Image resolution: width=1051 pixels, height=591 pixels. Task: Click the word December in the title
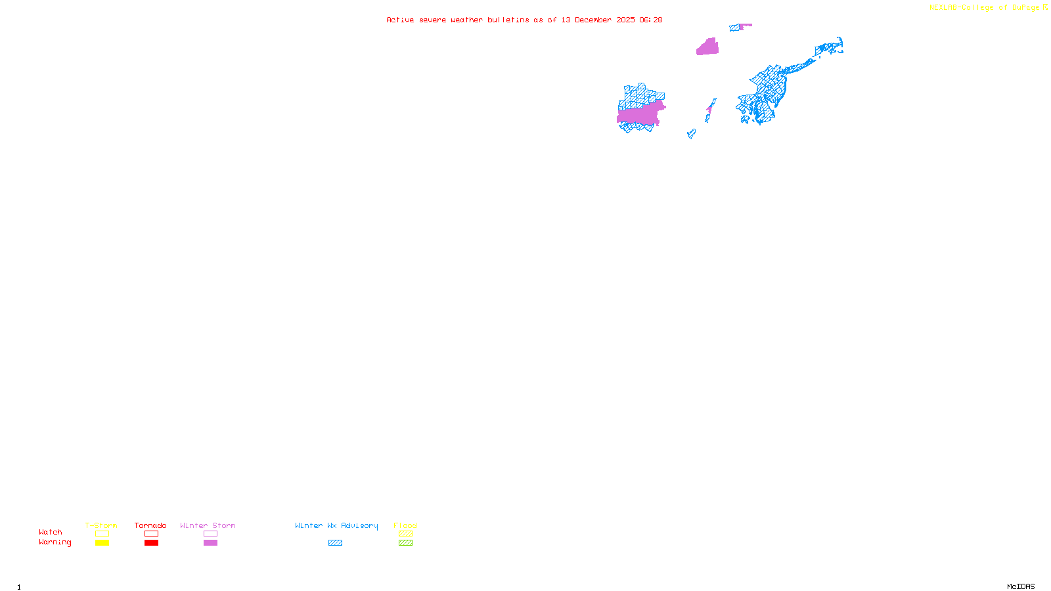point(593,20)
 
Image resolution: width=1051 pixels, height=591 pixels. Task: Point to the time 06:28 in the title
point(650,20)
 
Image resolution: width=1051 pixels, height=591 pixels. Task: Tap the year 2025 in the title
point(625,20)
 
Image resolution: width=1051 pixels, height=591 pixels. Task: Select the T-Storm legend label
point(101,525)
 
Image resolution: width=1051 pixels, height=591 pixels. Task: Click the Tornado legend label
point(150,525)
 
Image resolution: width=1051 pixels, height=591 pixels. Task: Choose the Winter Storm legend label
point(208,525)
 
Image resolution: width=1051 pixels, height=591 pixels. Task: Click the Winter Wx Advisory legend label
point(336,525)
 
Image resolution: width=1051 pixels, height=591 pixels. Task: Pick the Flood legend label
point(405,525)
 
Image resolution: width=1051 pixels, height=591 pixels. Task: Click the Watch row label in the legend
point(51,533)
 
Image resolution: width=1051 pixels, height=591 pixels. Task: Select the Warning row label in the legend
point(55,542)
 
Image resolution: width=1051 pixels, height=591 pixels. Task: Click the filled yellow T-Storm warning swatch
point(102,543)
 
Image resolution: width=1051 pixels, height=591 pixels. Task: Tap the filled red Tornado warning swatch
point(151,543)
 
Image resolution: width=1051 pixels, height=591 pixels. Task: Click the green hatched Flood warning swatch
point(405,543)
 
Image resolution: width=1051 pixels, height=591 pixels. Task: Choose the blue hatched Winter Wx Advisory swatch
point(335,543)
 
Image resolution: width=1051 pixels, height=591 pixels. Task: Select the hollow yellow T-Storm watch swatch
point(102,534)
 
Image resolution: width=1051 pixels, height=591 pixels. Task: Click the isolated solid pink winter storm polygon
point(707,47)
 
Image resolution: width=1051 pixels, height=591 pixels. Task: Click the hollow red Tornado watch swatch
point(151,534)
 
